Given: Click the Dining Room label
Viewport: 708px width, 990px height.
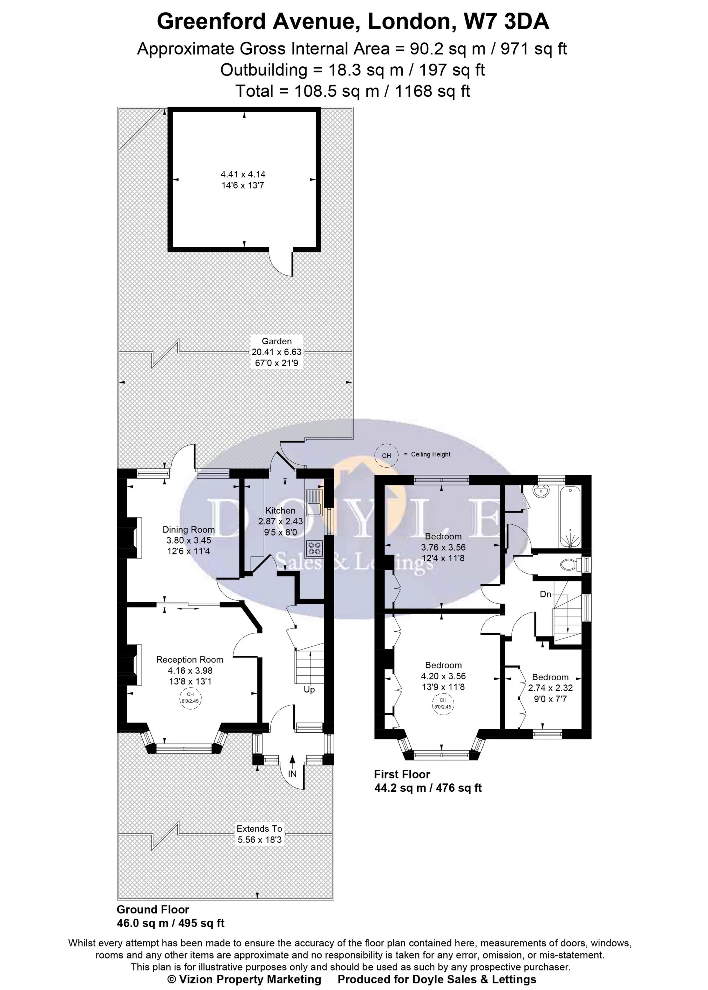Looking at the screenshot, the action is (x=188, y=530).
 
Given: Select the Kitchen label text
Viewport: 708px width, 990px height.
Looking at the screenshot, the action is (x=280, y=510).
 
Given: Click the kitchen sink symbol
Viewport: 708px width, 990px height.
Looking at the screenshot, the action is (x=314, y=503).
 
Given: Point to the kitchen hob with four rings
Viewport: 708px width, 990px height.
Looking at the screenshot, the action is (x=314, y=548).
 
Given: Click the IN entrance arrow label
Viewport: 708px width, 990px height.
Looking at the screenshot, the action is (x=292, y=774).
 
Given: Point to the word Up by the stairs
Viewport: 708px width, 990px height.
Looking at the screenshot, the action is (x=309, y=690).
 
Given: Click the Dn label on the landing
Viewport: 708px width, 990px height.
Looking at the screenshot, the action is (x=546, y=594).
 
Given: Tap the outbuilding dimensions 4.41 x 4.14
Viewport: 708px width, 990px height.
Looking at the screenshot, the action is (x=243, y=174).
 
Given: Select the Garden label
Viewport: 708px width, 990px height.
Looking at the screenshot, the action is (x=277, y=341).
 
